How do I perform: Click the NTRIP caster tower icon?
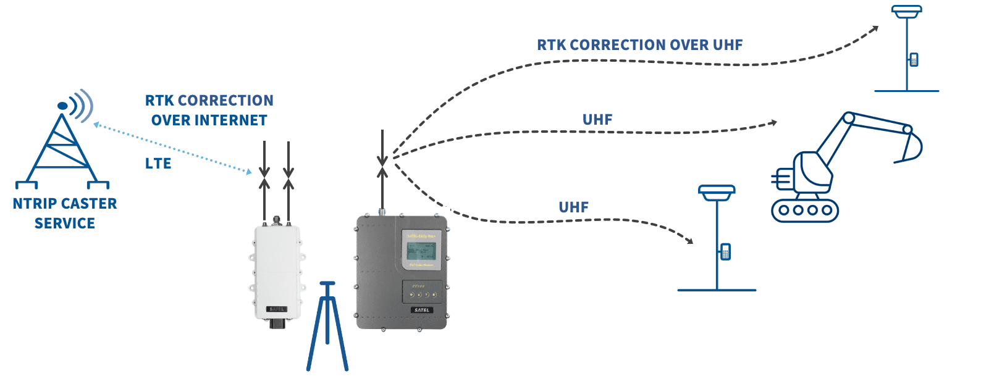[x=62, y=148]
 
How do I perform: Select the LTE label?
[x=158, y=164]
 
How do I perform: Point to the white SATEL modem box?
[x=277, y=272]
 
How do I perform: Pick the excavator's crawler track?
[x=805, y=210]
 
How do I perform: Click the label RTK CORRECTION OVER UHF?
[x=639, y=45]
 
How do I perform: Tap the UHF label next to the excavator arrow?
[x=597, y=120]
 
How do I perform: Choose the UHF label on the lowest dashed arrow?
[x=573, y=207]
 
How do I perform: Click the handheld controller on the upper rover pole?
[x=914, y=60]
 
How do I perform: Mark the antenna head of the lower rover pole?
[x=717, y=191]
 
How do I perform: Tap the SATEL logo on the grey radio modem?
[x=422, y=310]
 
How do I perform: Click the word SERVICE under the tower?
[x=65, y=223]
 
